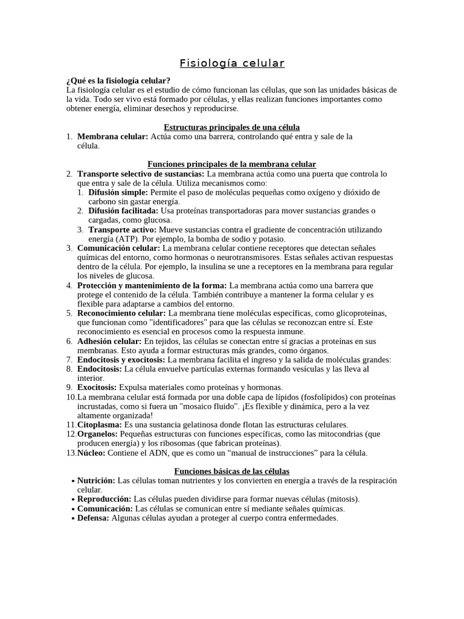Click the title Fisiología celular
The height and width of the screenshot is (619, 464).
pos(232,63)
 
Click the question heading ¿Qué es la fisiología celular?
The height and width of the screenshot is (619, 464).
pos(118,80)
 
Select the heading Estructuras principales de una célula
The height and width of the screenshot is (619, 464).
pos(232,127)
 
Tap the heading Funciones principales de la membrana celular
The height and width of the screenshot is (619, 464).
pos(232,164)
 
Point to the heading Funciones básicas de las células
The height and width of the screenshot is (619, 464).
pos(232,471)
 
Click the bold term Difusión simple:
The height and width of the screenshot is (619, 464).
pos(118,192)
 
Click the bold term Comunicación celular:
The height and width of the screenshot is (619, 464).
pos(119,248)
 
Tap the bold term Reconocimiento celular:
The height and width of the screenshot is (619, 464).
pos(121,313)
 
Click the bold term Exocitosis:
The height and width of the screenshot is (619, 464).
pos(97,387)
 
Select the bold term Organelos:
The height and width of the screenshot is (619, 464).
pos(98,434)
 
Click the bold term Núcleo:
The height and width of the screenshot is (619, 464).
pos(91,453)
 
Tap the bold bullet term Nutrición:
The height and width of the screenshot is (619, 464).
pos(96,481)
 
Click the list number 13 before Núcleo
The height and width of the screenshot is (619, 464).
pos(71,453)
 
